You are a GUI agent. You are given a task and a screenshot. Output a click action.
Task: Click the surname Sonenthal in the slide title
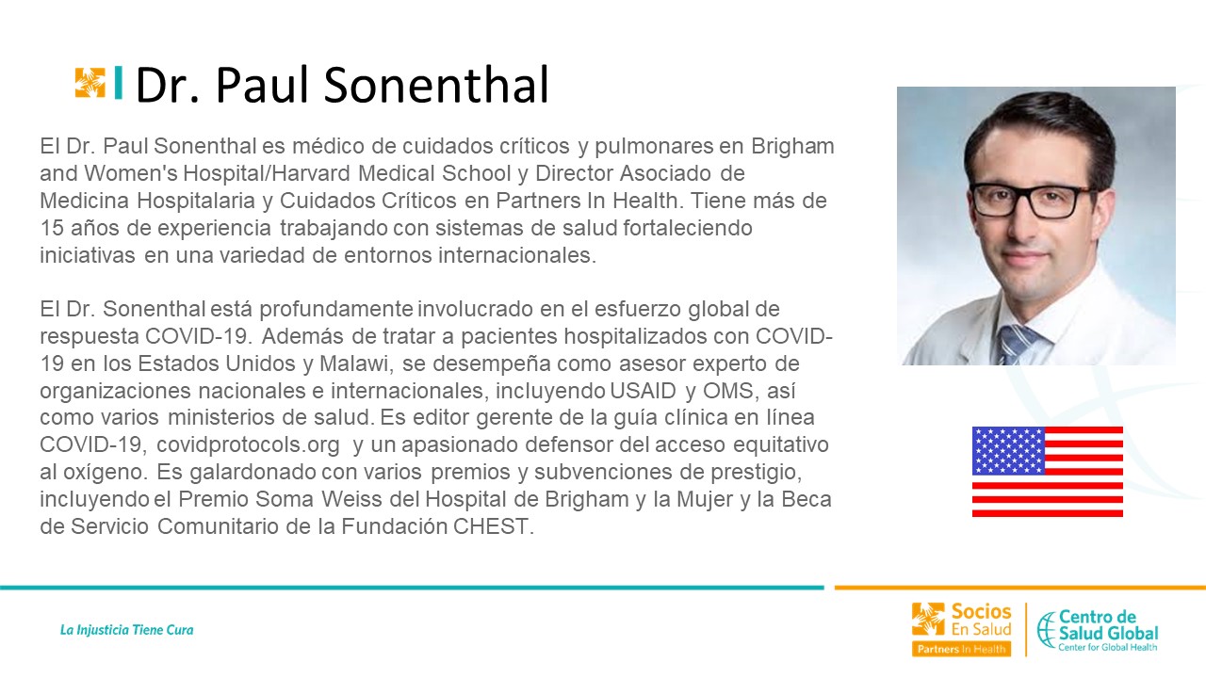(x=436, y=85)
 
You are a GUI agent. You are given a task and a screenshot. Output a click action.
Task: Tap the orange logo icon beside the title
(x=90, y=83)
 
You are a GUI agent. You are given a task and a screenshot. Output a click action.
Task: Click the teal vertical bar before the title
(x=119, y=83)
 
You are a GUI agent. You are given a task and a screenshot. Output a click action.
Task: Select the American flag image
(x=1047, y=472)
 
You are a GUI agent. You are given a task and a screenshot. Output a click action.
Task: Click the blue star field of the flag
(x=1008, y=450)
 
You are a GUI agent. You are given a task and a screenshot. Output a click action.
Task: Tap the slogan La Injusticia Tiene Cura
(x=126, y=630)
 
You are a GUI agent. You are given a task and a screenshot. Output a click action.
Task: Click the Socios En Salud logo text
(x=981, y=620)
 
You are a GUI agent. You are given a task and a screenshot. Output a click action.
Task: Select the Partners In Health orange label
(x=962, y=649)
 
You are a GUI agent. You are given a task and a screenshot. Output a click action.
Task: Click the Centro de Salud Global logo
(x=1098, y=630)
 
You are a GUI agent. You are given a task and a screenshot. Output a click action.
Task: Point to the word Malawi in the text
(x=353, y=363)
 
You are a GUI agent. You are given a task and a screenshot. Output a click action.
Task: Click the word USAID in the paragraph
(x=643, y=391)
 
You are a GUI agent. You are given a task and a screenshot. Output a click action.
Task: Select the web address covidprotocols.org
(x=248, y=445)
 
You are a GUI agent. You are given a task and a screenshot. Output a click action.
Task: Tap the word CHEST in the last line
(x=491, y=526)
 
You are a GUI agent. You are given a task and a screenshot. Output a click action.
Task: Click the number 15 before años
(x=52, y=228)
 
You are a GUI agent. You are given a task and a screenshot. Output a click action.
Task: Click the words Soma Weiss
(x=319, y=499)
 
